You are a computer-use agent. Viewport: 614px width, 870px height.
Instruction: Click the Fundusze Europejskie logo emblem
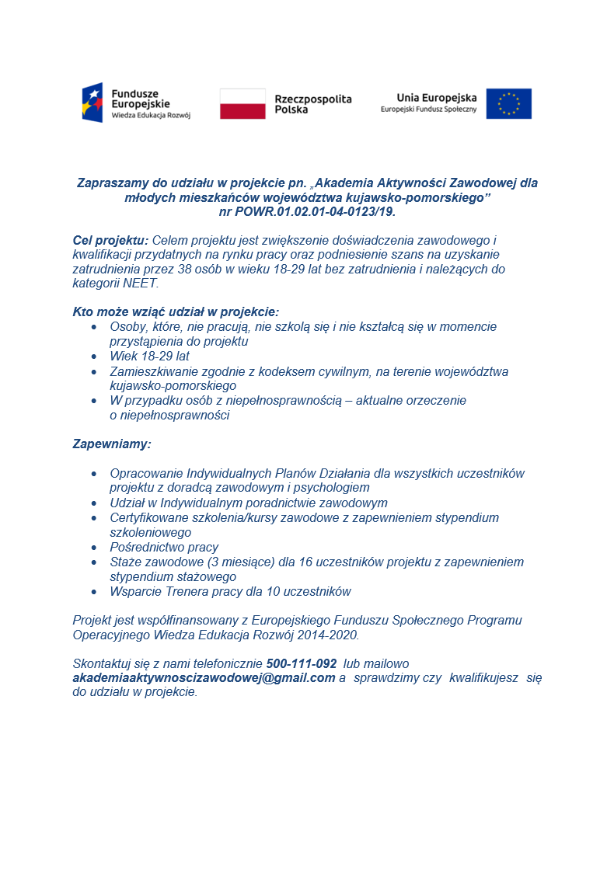92,103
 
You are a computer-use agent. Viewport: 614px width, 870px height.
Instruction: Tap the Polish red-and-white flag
242,103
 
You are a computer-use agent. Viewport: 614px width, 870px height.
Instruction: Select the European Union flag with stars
508,103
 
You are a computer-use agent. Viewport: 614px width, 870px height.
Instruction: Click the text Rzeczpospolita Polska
313,104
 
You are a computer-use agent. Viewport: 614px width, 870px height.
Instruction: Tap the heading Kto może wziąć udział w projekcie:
176,312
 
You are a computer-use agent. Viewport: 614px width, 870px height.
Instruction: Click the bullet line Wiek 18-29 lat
150,356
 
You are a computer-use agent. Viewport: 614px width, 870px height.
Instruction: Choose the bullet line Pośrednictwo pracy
164,547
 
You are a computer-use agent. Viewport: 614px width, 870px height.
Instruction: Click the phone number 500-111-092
301,664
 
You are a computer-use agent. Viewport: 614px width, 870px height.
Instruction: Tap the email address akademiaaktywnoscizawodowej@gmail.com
204,678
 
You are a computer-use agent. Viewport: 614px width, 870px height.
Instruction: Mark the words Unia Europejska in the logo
436,98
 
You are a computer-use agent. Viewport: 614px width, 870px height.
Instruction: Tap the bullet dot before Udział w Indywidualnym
94,503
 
